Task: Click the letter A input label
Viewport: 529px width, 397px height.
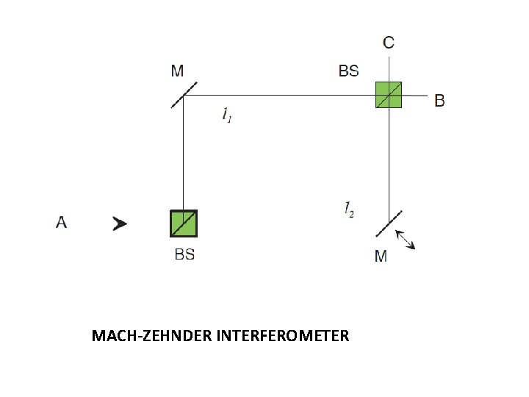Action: click(61, 222)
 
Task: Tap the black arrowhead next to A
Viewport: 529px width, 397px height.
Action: click(119, 223)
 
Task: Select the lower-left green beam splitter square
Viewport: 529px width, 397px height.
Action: click(183, 223)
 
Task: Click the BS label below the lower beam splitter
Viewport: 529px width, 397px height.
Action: click(184, 255)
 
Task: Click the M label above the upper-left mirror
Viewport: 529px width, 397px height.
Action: click(177, 71)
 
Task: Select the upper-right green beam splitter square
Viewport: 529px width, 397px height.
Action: click(389, 94)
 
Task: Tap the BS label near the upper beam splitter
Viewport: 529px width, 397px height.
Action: click(348, 71)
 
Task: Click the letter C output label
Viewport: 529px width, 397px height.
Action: click(389, 43)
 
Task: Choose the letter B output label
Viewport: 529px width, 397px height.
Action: click(439, 100)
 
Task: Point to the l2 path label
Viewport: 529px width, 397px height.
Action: click(349, 209)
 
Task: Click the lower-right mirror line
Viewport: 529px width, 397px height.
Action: click(389, 223)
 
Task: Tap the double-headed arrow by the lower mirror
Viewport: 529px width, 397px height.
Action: click(406, 240)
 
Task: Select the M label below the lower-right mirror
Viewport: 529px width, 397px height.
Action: click(381, 257)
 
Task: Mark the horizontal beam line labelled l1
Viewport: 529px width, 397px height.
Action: click(279, 95)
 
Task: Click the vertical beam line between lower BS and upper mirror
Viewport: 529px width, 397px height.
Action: click(183, 154)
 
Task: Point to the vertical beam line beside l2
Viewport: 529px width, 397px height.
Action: click(389, 162)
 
